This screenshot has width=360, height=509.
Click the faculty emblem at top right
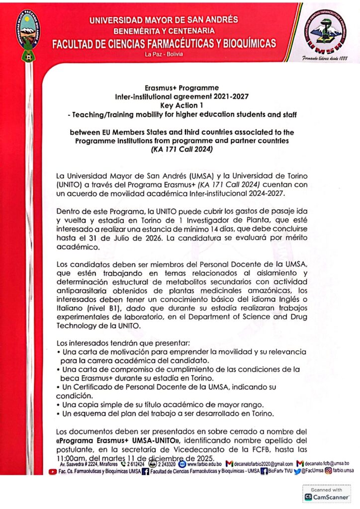click(325, 34)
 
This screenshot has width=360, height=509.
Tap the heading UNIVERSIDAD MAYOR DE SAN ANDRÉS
click(164, 20)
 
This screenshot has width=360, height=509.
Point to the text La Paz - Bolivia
click(164, 54)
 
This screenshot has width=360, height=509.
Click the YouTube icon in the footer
click(52, 471)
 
